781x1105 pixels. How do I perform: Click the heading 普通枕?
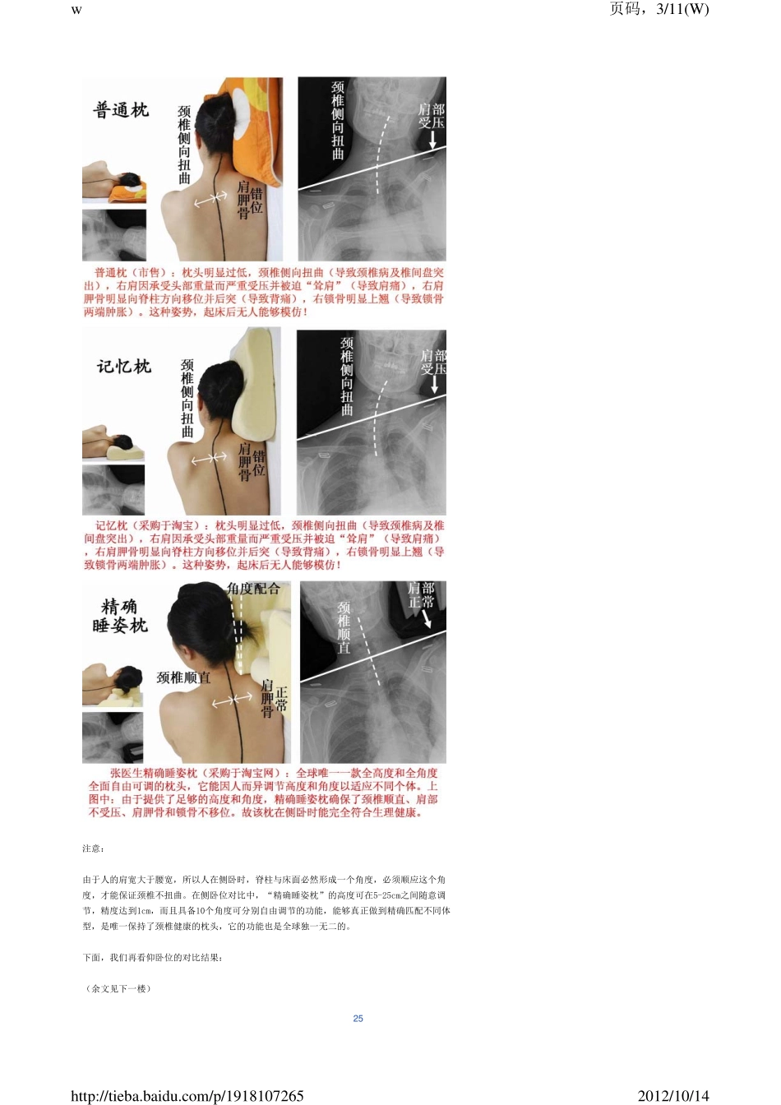(x=121, y=110)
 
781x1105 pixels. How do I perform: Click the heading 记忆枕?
(x=123, y=367)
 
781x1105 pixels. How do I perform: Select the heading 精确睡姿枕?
(x=120, y=616)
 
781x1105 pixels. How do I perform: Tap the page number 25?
(x=358, y=1018)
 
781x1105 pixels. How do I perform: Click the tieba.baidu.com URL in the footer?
(x=187, y=1095)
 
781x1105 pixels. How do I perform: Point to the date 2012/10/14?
(x=672, y=1095)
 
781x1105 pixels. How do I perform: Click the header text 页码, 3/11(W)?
(x=659, y=9)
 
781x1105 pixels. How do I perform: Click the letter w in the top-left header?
(x=76, y=10)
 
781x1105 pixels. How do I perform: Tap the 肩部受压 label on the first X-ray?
(x=431, y=116)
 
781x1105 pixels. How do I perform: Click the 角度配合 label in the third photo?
(x=253, y=589)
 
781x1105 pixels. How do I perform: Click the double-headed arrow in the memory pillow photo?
(x=209, y=459)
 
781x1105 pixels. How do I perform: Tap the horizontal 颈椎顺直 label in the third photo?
(x=183, y=677)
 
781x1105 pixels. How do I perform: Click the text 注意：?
(x=93, y=848)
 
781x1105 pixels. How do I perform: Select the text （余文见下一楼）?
(x=118, y=988)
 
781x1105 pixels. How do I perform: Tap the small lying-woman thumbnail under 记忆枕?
(x=113, y=442)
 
